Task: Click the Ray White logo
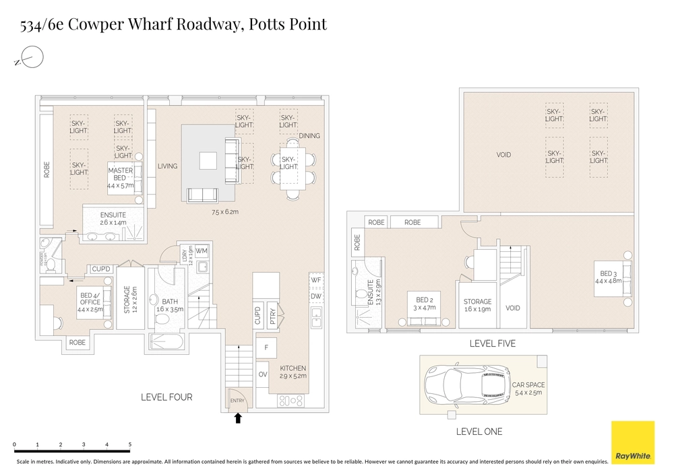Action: coord(632,442)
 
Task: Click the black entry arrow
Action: coord(238,419)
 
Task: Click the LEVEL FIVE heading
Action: coord(492,343)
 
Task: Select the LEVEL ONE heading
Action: coord(479,432)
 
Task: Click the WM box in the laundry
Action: coord(202,251)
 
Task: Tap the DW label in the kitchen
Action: coord(315,296)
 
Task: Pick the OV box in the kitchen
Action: coord(262,374)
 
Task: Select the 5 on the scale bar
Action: coord(129,445)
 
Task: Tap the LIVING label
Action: coord(167,166)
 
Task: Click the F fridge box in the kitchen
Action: coord(266,348)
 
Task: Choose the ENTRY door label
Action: coord(237,401)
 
